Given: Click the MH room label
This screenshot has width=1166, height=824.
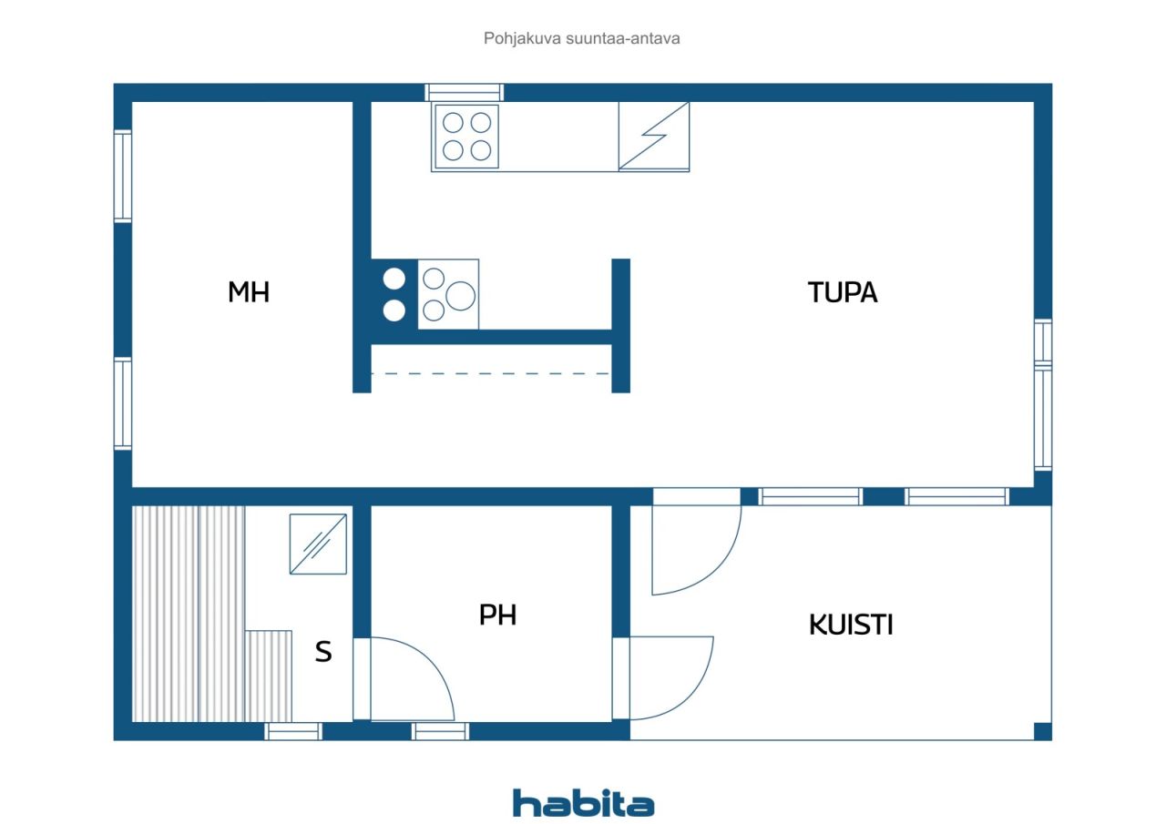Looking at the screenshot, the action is (249, 292).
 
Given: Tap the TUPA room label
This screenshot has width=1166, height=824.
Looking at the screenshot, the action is (843, 292).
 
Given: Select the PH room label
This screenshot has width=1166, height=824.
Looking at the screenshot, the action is (497, 615).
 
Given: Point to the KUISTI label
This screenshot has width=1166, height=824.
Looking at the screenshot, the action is (851, 625).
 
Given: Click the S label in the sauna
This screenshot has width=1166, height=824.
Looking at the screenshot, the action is (323, 652).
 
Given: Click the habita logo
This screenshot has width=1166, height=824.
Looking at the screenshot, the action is (583, 803).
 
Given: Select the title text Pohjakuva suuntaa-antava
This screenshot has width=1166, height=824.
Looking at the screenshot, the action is (581, 38).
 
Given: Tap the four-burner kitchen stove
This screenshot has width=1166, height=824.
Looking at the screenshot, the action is (466, 137).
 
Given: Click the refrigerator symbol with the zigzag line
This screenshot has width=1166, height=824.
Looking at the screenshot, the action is (654, 137).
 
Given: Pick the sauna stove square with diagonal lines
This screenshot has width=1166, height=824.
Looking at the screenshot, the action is (318, 544).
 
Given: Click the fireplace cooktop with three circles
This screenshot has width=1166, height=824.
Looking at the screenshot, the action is (448, 294).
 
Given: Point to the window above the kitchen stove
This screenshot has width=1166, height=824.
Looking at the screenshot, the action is (464, 93).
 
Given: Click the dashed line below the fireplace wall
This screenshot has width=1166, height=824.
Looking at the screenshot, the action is (490, 373).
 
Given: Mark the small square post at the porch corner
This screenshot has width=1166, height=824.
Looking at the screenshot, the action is (1043, 731).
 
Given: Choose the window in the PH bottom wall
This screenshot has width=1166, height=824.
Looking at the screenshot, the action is (440, 731).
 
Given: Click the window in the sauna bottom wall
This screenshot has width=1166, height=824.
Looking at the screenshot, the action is (293, 731).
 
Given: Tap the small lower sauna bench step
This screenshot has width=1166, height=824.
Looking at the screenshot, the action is (268, 676).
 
